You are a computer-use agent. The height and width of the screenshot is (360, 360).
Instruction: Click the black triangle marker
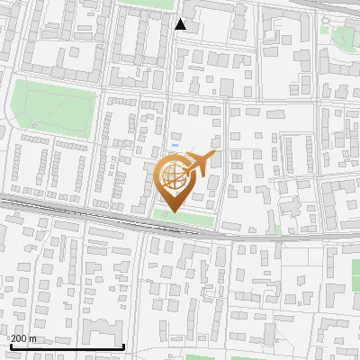tap(181, 24)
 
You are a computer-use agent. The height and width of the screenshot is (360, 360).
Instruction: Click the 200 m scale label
tap(23, 338)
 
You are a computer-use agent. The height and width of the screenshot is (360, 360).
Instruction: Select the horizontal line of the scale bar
tap(67, 346)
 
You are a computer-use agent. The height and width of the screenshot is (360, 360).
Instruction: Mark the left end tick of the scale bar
tap(10, 345)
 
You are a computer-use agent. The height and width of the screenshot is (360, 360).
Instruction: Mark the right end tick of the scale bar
tap(123, 345)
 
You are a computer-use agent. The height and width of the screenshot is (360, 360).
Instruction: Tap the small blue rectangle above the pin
tap(175, 144)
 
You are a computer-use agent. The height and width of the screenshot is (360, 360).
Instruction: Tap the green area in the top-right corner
tap(343, 38)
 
